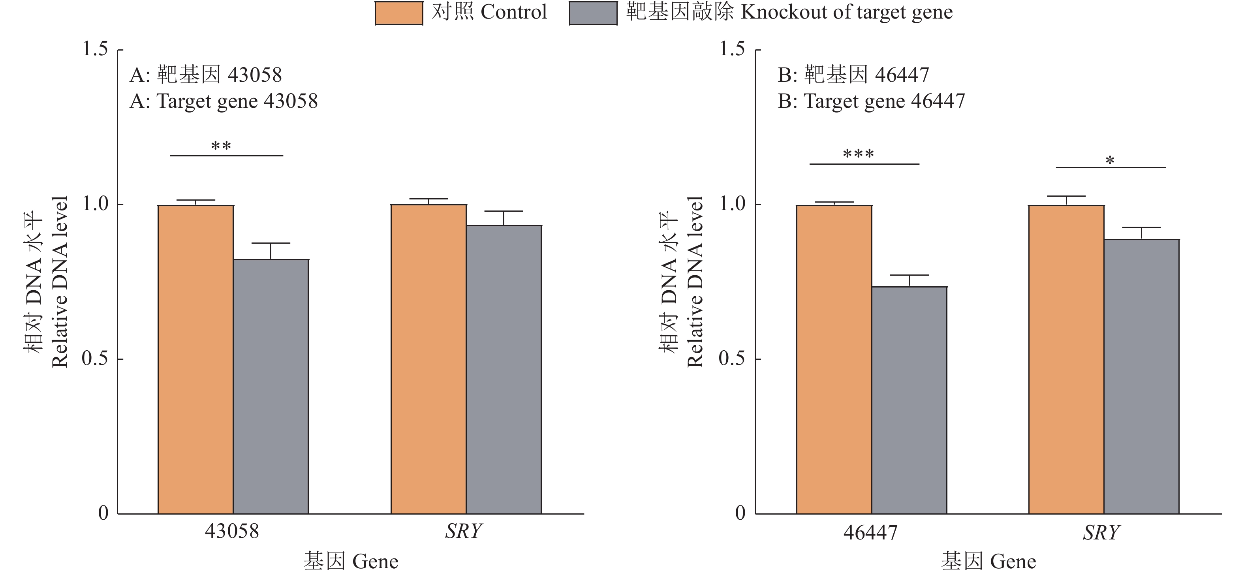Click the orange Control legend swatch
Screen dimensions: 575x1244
pos(399,13)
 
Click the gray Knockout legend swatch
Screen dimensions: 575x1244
pos(593,13)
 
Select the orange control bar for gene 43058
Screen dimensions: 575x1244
pos(195,359)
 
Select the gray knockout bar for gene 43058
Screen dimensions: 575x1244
pos(271,386)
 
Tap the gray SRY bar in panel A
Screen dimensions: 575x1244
pos(504,369)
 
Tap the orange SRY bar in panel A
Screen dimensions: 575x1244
pos(428,359)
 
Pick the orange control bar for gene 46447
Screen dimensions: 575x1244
pos(834,359)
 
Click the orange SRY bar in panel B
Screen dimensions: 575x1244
pos(1066,359)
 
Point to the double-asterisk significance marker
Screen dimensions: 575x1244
pos(221,146)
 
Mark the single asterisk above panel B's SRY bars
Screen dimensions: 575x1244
pos(1110,161)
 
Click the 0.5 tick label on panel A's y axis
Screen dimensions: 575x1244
pos(95,359)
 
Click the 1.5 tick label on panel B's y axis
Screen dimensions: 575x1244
pos(732,49)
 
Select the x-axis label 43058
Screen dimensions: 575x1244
pos(232,532)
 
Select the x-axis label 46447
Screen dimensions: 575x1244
pos(870,532)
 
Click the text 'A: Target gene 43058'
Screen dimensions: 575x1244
pos(224,101)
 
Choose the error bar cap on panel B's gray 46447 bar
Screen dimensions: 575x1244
pos(910,275)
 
